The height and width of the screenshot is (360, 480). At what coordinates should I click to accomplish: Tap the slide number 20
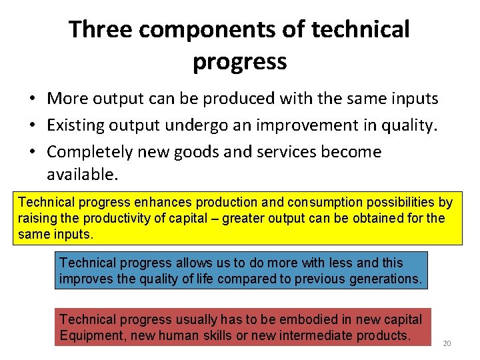click(447, 343)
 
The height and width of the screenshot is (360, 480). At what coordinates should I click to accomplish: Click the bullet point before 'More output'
click(32, 99)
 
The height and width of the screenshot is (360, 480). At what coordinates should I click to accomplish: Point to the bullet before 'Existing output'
click(32, 125)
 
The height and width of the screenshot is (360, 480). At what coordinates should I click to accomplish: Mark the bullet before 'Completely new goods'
click(32, 152)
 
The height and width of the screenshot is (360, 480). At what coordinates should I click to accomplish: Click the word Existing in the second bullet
click(75, 125)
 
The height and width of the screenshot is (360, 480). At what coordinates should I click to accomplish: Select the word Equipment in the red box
click(92, 335)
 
